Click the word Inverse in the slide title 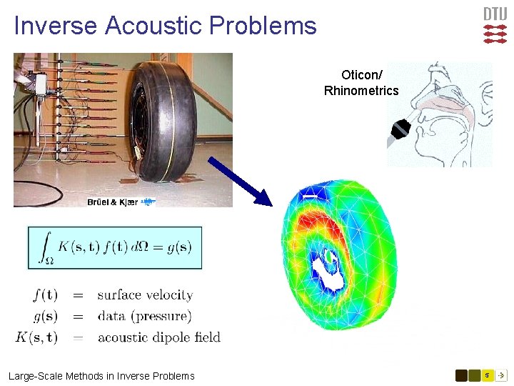pos(56,26)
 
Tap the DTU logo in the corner pos(495,24)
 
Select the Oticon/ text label pos(361,75)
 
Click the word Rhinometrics pos(361,91)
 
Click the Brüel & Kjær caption pos(112,202)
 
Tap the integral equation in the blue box pos(115,247)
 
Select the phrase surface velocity pos(145,295)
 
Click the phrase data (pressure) pos(144,316)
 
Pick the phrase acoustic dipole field pos(158,337)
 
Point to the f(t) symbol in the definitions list pos(45,295)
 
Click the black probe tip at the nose pos(400,129)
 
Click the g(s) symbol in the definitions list pos(45,316)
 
